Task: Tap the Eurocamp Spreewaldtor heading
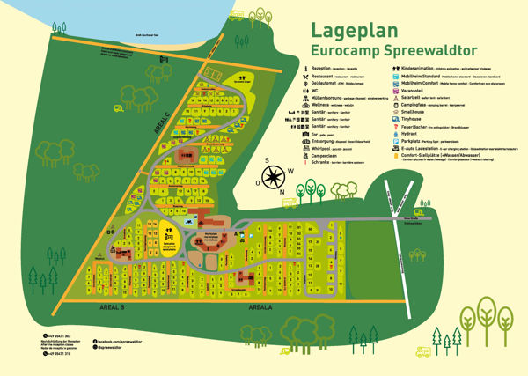(x=381, y=53)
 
